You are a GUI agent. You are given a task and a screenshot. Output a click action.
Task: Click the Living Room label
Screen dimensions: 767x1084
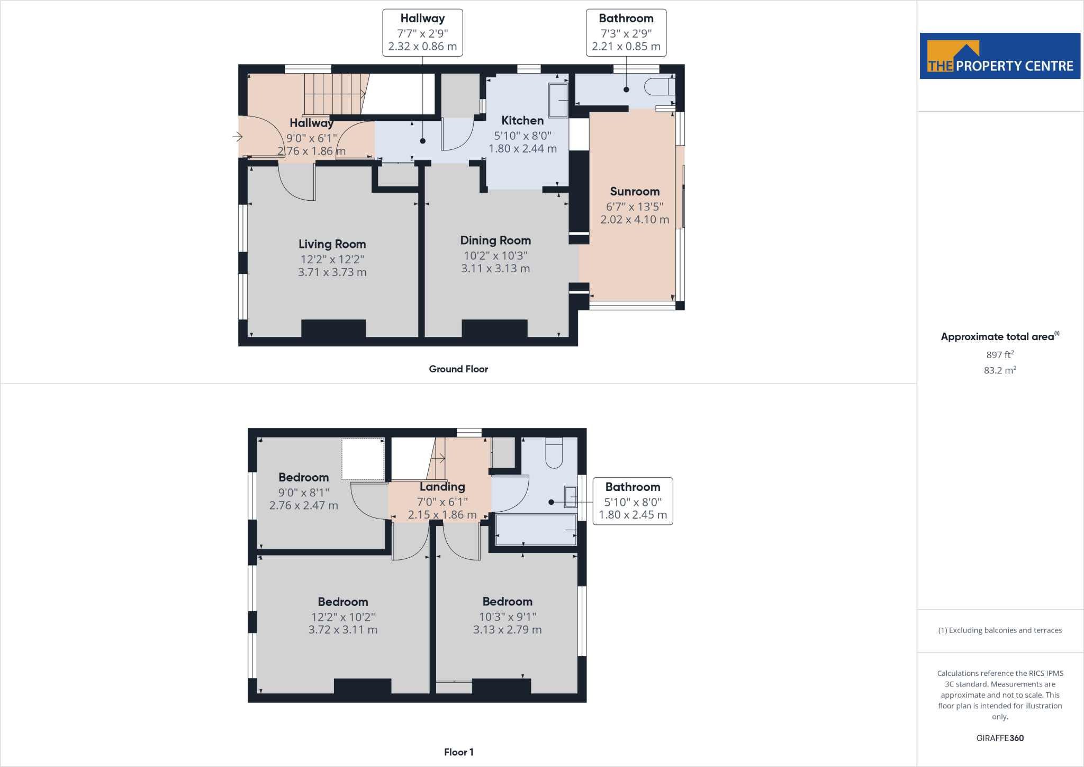tap(332, 244)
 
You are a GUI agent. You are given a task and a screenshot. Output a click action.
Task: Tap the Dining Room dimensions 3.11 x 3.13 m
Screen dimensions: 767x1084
tap(495, 269)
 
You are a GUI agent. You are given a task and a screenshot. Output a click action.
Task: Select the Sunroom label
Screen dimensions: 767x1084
tap(635, 192)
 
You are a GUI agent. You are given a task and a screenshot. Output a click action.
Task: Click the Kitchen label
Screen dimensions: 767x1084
tap(522, 121)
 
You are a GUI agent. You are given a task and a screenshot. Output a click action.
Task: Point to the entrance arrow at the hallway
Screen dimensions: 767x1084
tap(237, 137)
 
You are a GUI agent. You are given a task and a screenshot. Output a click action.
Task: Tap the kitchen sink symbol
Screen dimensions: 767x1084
tap(558, 100)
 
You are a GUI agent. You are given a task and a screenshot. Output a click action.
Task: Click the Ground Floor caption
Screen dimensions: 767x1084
tap(458, 369)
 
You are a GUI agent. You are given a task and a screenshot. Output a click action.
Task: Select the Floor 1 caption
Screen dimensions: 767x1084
tap(458, 752)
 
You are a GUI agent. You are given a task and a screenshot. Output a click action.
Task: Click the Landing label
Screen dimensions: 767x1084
tap(442, 487)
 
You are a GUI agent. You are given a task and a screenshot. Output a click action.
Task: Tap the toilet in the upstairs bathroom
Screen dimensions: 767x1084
tap(554, 453)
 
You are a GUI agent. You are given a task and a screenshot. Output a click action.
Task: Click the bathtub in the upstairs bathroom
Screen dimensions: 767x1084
tap(536, 530)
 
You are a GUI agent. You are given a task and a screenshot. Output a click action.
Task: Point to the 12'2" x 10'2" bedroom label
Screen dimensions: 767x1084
tap(343, 602)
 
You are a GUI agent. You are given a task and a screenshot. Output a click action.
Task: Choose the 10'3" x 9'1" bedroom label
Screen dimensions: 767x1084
tap(507, 602)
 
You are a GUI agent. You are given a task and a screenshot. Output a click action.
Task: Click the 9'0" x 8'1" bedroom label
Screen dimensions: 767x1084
tap(303, 478)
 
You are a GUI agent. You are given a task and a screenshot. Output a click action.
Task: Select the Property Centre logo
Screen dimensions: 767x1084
tap(1000, 56)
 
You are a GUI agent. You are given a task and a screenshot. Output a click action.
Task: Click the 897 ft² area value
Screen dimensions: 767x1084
tap(1000, 355)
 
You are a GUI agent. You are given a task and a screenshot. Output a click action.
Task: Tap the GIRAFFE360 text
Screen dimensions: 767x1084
tap(1000, 738)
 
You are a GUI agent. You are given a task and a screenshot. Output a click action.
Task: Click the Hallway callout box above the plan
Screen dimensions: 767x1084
tap(422, 33)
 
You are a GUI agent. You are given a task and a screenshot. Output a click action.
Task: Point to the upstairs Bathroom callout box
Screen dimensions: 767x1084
tap(633, 501)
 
